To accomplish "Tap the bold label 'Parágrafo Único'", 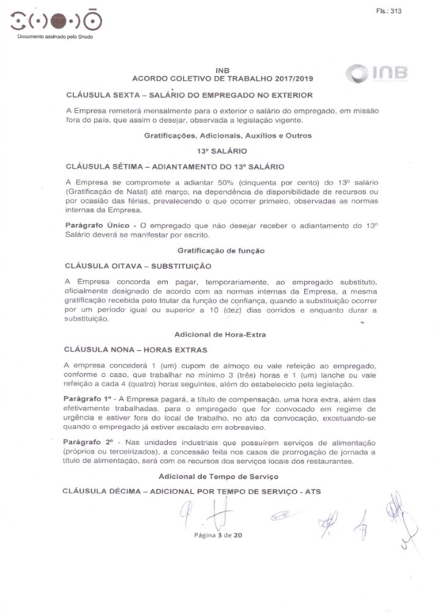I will [92, 226].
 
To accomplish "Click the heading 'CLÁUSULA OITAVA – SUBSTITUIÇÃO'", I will [138, 266].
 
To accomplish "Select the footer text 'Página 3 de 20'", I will [219, 534].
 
